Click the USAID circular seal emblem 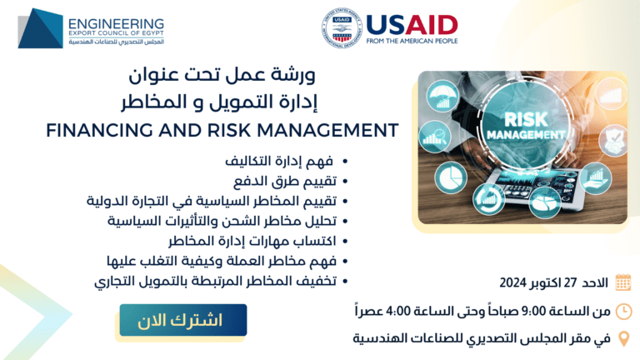(x=342, y=28)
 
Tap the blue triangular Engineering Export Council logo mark (x=40, y=28)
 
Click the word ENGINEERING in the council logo (x=116, y=24)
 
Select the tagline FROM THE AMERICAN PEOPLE (x=412, y=41)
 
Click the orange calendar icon (x=622, y=282)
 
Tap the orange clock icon (x=623, y=312)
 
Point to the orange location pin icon (x=623, y=339)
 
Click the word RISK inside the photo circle (x=525, y=120)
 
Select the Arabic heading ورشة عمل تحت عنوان (x=222, y=75)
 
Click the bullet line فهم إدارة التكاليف (x=279, y=161)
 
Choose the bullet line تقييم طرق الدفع (x=285, y=181)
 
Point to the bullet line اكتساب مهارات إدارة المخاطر (x=252, y=241)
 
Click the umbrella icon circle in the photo (x=442, y=97)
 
